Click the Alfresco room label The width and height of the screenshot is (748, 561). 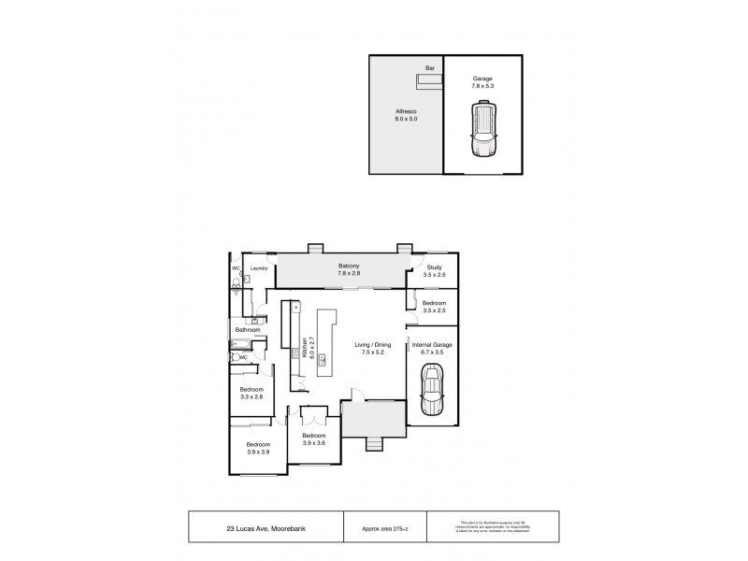point(405,111)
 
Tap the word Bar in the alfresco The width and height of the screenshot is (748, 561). point(430,68)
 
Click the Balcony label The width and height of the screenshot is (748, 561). point(350,267)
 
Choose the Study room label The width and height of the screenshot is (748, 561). point(432,267)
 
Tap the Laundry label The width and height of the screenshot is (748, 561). point(260,269)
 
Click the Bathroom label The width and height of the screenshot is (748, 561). point(247,330)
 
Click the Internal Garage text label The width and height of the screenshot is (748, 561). point(432,345)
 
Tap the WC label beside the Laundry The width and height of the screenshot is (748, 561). point(237,269)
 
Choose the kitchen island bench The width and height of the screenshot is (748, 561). point(327,343)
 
